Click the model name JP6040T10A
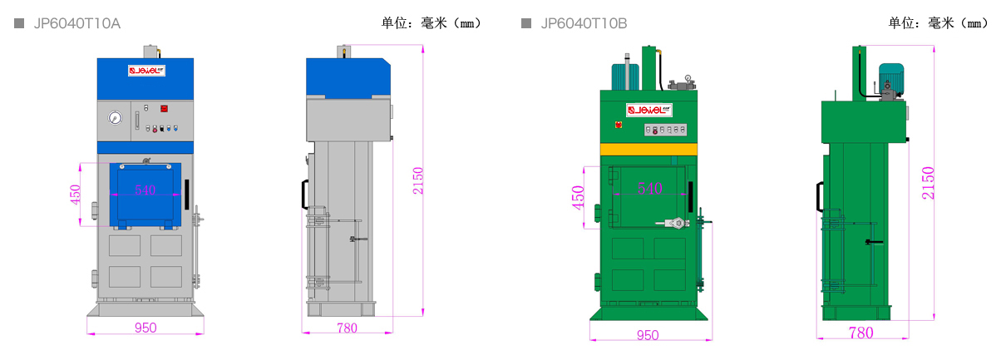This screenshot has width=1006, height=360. (x=76, y=23)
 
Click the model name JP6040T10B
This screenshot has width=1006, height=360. (x=584, y=23)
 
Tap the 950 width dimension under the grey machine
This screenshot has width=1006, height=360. (x=145, y=328)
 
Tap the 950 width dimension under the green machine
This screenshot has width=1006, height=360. (x=648, y=335)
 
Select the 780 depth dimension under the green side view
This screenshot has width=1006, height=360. (x=861, y=333)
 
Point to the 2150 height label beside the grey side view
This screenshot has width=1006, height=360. (x=417, y=180)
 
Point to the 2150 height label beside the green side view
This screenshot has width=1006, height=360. (x=929, y=183)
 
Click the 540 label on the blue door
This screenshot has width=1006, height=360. (x=145, y=190)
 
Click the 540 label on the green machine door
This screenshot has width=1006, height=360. (x=649, y=189)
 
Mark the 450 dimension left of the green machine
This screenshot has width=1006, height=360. (x=578, y=198)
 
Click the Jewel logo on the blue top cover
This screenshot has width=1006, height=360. (x=145, y=71)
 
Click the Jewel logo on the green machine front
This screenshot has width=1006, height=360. (x=648, y=110)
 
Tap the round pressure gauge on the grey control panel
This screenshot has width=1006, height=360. (x=114, y=118)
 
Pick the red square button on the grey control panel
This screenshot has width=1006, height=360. (x=164, y=108)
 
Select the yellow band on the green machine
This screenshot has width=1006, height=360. (x=648, y=149)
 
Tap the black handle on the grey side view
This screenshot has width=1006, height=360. (x=304, y=194)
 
